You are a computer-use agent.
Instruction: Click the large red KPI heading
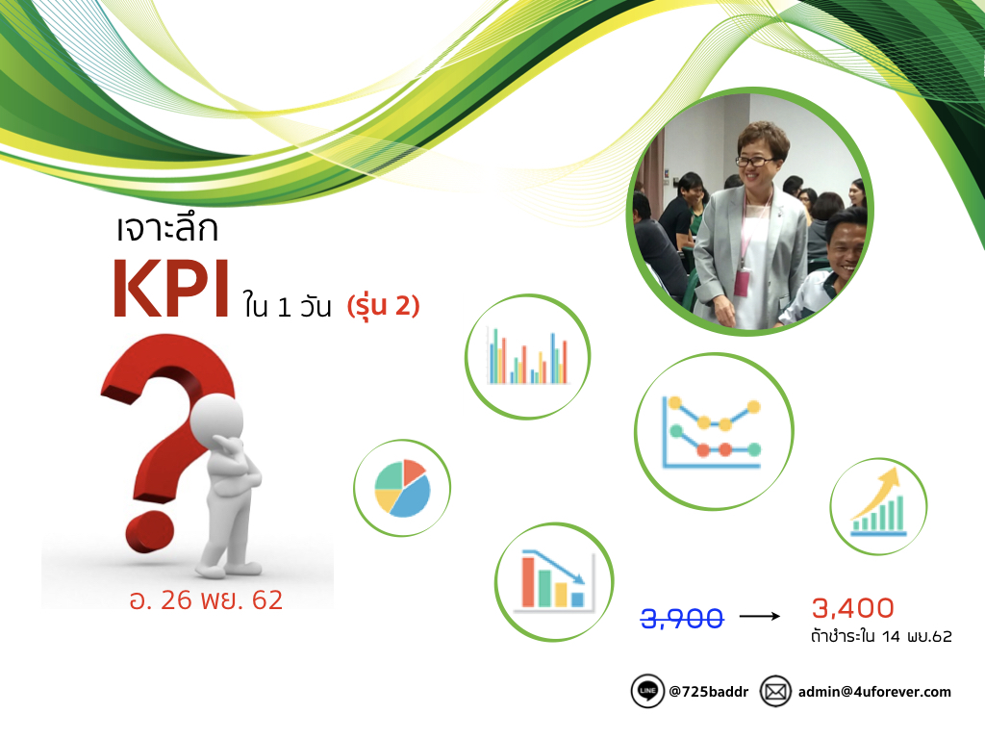(x=170, y=289)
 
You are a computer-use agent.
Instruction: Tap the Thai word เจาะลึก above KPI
(x=167, y=227)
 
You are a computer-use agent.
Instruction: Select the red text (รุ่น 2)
(x=383, y=306)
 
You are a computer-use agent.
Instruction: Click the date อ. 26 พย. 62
(x=206, y=600)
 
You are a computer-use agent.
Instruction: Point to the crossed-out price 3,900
(x=682, y=619)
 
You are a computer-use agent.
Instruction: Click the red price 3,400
(x=852, y=608)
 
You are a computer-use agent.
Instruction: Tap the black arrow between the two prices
(x=760, y=617)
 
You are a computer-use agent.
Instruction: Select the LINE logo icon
(x=647, y=691)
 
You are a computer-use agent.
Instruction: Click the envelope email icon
(x=776, y=691)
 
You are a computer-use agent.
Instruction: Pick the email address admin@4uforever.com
(x=874, y=692)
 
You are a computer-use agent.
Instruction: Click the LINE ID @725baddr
(x=709, y=692)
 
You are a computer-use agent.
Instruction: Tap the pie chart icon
(x=402, y=488)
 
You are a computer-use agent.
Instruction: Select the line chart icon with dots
(x=713, y=432)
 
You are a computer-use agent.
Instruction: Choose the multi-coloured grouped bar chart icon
(x=528, y=356)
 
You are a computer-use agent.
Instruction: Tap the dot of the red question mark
(x=149, y=531)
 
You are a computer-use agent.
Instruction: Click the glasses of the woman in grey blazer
(x=754, y=162)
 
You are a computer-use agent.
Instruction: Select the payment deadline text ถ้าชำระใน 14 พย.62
(x=881, y=637)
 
